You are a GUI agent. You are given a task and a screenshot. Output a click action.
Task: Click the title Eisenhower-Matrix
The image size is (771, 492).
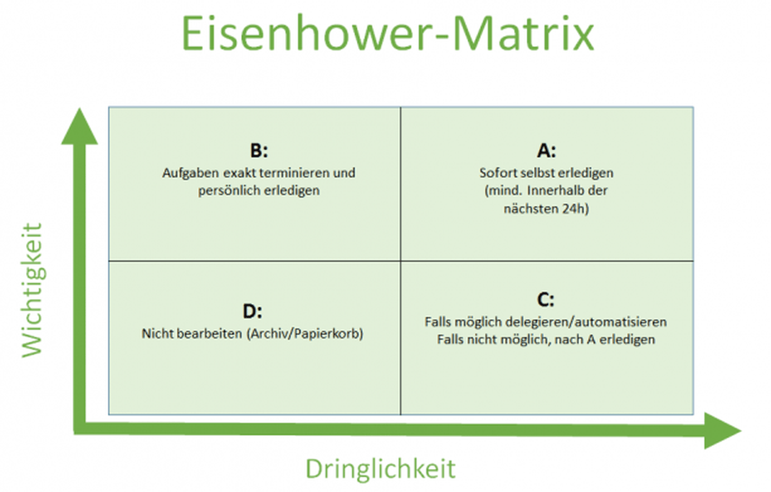coord(388,33)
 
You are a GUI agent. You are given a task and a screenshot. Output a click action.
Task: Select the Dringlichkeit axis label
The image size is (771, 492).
coord(381,469)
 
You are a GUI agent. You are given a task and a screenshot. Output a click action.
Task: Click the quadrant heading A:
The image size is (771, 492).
coord(546,151)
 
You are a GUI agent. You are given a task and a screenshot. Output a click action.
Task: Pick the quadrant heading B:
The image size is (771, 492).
coord(259,151)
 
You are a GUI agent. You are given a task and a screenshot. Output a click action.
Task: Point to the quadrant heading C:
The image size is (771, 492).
coord(545,300)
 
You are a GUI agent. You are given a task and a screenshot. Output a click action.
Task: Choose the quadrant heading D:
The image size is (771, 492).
coord(252,311)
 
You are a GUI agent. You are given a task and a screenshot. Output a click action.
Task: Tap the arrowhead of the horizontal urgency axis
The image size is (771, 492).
coord(722,430)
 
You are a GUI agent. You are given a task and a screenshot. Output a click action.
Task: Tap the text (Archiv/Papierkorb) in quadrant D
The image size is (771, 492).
coord(305,334)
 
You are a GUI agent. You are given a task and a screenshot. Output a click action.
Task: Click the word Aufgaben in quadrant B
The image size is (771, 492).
coord(191,173)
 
